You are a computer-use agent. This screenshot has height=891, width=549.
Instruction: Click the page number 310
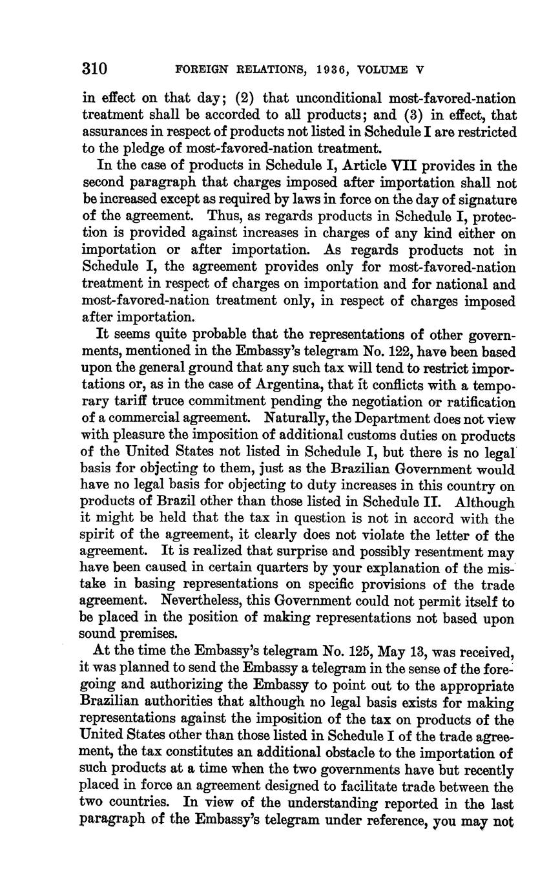[94, 68]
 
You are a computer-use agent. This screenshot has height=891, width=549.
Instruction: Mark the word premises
[150, 634]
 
